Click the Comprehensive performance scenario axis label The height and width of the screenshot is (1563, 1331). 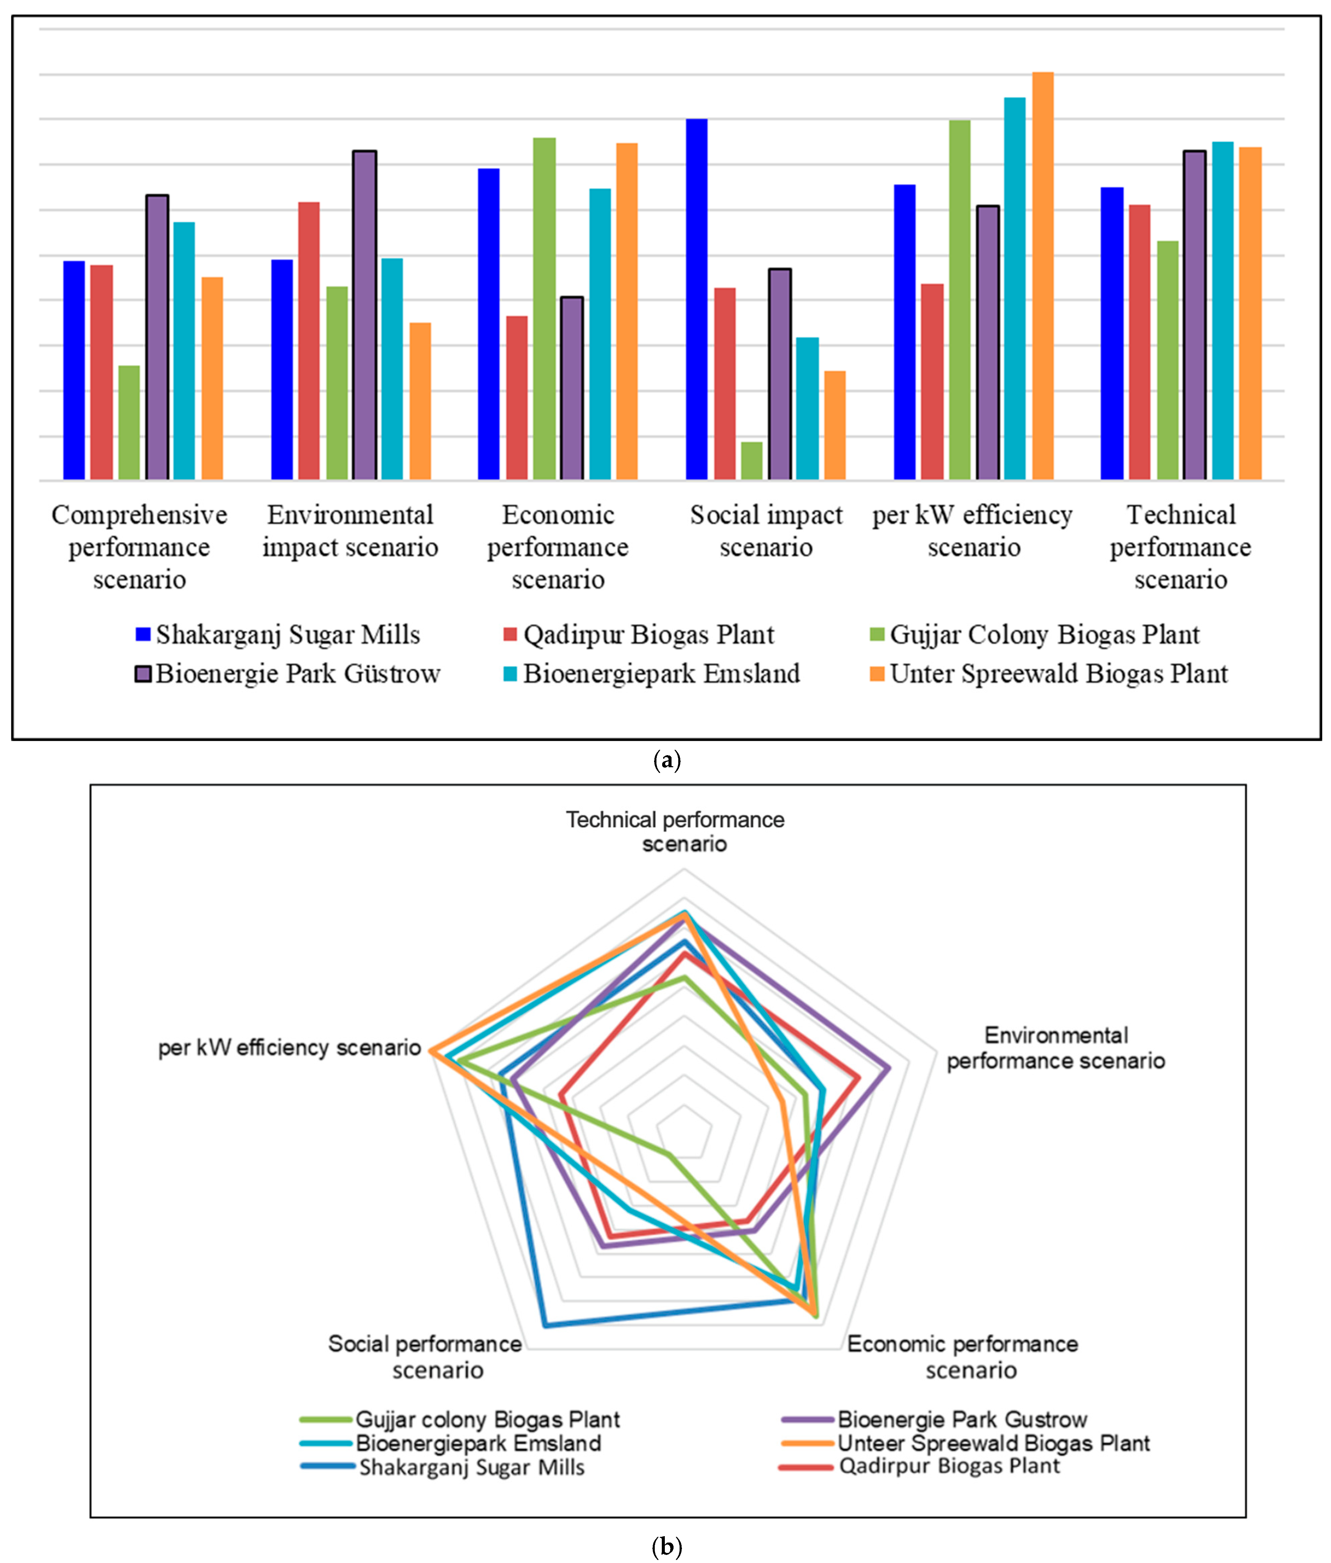[x=140, y=547]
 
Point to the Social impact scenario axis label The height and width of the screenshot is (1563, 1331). [x=766, y=531]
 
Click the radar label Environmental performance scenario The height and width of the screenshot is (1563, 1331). [x=1056, y=1048]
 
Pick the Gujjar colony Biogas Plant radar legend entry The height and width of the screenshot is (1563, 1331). [x=460, y=1420]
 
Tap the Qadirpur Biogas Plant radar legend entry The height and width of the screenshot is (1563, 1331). [x=920, y=1466]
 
